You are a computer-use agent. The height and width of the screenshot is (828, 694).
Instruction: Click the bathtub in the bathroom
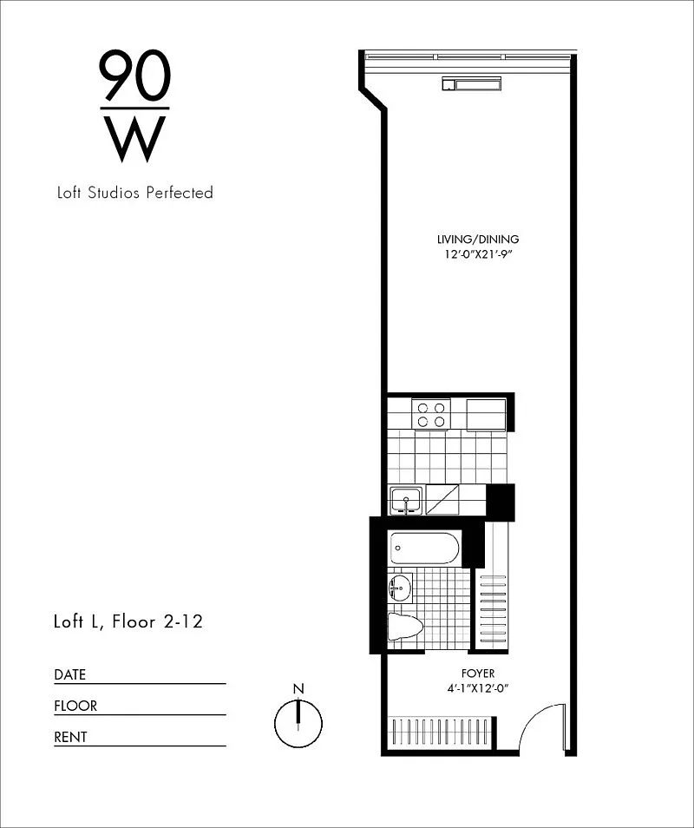(424, 549)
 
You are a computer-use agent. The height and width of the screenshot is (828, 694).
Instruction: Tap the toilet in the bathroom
(405, 627)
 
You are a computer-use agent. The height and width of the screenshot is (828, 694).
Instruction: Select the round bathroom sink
(400, 588)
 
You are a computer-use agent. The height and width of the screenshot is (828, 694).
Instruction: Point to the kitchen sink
(406, 500)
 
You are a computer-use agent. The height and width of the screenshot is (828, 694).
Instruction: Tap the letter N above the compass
(298, 688)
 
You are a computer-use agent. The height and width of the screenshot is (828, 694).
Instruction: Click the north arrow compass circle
(298, 724)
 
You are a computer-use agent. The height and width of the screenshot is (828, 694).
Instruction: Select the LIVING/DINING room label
(478, 240)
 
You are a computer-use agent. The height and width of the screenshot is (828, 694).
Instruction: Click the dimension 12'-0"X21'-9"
(478, 255)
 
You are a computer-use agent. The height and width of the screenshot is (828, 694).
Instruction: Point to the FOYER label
(478, 674)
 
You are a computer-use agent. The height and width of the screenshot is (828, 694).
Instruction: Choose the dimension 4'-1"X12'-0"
(478, 688)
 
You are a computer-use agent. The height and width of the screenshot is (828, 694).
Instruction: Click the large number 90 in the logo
(135, 75)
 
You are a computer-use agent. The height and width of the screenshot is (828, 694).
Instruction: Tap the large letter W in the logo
(135, 139)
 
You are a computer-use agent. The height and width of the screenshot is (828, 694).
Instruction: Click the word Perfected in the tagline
(180, 193)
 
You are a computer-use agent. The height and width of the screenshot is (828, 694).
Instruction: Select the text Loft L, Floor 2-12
(128, 621)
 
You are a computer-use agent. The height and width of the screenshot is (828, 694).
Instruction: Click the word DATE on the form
(69, 675)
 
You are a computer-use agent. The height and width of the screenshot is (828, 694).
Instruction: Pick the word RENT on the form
(70, 737)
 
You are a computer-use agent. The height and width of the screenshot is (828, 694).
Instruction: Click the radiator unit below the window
(472, 84)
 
